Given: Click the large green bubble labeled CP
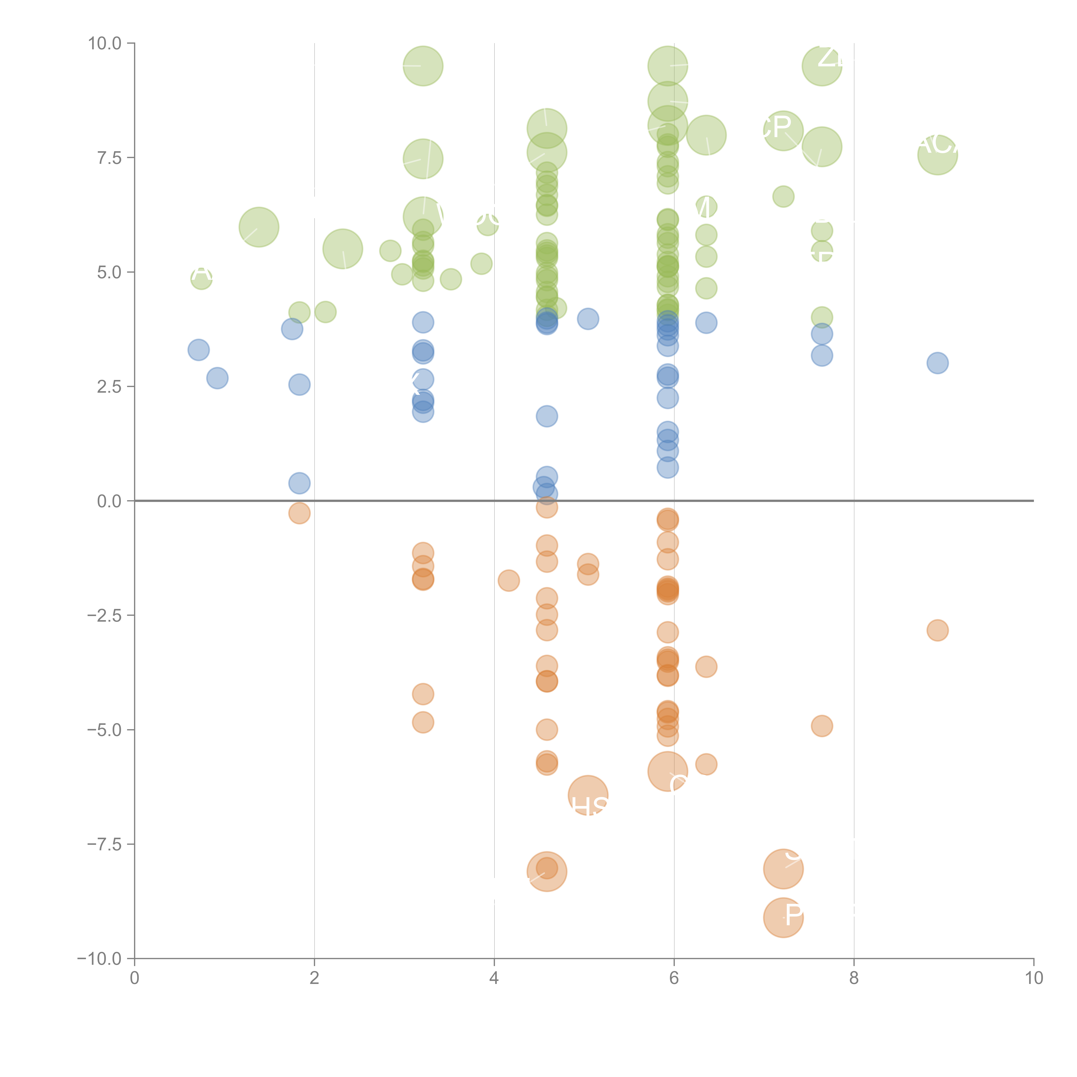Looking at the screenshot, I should pos(783,131).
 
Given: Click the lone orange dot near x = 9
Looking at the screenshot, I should pos(938,630).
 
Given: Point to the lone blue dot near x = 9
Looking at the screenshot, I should pos(938,363).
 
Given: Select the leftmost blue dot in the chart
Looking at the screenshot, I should pos(198,350).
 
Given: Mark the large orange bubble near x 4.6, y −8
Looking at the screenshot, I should pos(547,871).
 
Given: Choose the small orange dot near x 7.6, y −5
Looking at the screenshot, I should pos(822,726).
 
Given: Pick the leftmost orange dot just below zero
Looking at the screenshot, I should pos(299,513).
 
